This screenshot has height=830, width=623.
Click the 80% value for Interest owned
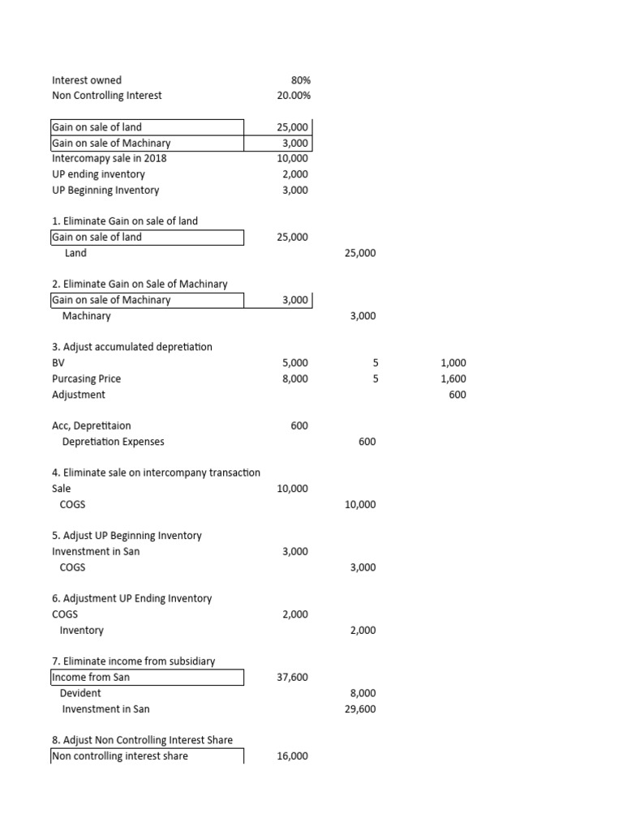(x=300, y=80)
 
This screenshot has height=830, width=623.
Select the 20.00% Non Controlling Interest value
(x=294, y=96)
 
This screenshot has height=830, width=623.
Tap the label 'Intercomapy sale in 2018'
(x=109, y=158)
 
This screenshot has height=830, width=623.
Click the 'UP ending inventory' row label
(x=98, y=174)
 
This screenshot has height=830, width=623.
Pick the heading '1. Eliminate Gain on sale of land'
(x=125, y=221)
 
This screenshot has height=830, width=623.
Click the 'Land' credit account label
(x=75, y=253)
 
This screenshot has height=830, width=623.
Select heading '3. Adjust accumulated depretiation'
(x=132, y=347)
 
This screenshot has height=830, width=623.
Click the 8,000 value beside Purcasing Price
(x=295, y=379)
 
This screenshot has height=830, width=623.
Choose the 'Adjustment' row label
(x=79, y=395)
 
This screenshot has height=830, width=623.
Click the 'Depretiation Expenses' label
(x=113, y=442)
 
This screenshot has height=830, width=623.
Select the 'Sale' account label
(x=62, y=489)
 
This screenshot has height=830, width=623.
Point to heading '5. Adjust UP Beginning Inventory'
(x=127, y=536)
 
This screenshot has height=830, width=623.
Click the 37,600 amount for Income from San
(x=292, y=677)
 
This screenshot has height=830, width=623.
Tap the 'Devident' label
(x=80, y=693)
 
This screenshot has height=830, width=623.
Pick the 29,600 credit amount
(x=360, y=709)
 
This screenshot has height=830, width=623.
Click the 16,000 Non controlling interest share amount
(x=292, y=756)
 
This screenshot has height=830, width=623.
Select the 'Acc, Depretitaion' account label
(x=91, y=426)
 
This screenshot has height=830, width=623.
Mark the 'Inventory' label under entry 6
(x=82, y=630)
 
